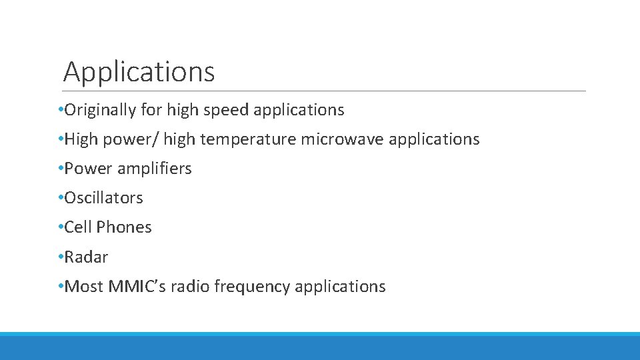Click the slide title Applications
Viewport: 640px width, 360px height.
click(139, 71)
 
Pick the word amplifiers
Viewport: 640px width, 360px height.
click(155, 169)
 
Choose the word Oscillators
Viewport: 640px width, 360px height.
click(103, 198)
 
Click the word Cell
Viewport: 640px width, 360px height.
click(78, 227)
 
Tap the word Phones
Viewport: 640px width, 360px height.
click(124, 227)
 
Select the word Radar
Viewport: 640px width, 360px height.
click(86, 257)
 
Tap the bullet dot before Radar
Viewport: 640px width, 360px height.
click(61, 257)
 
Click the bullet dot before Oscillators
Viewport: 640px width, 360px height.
click(61, 198)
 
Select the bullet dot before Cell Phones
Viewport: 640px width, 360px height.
click(61, 227)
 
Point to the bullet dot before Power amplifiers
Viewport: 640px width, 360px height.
click(61, 169)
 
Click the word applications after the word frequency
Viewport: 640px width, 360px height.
click(340, 287)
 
